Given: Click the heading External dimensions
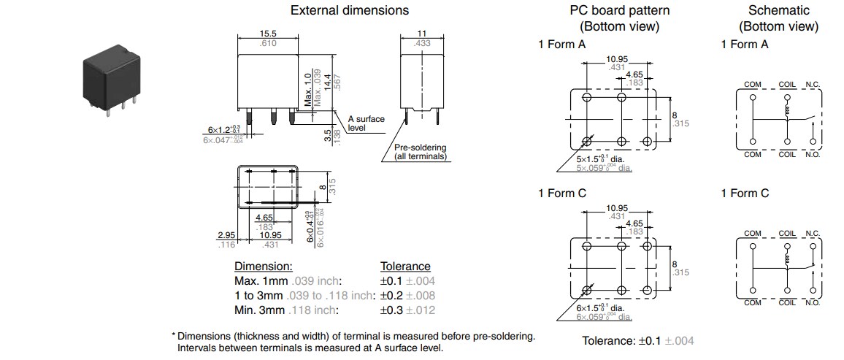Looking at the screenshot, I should pos(350,10).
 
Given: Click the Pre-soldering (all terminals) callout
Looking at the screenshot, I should pos(420,152).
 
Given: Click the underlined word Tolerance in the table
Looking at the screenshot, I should pos(405,267).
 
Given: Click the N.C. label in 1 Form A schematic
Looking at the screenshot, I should pos(812,85).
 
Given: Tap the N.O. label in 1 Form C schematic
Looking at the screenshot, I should pos(812,302).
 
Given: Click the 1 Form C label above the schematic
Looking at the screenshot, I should pos(744,194).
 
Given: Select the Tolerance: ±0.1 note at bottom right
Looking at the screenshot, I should pos(637,341).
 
